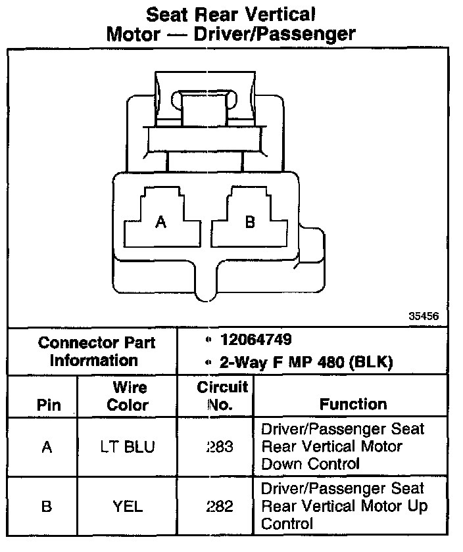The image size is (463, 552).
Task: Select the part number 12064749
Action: (x=256, y=340)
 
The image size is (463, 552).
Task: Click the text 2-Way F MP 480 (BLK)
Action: (x=300, y=362)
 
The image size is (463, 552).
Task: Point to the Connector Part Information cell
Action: (x=96, y=352)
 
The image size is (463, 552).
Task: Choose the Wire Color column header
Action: (x=128, y=396)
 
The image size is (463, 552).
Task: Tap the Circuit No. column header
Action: (x=222, y=396)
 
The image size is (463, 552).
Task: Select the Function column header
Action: (x=353, y=404)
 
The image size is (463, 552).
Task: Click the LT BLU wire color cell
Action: (x=128, y=447)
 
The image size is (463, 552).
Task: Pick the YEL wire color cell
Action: (x=128, y=506)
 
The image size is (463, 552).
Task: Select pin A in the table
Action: (x=46, y=447)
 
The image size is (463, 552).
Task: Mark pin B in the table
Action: (x=46, y=506)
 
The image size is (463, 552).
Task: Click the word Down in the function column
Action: (x=281, y=464)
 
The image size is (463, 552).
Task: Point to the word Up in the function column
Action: (x=417, y=506)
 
